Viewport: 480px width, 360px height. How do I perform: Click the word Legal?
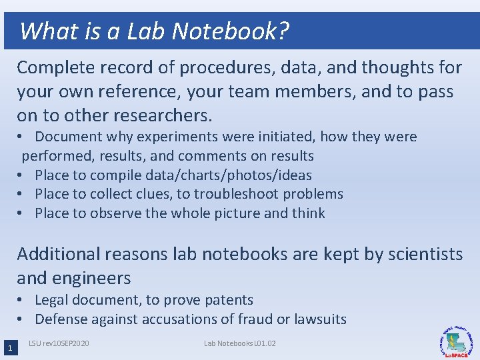[52, 300]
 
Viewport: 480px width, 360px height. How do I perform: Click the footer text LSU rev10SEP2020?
[59, 343]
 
